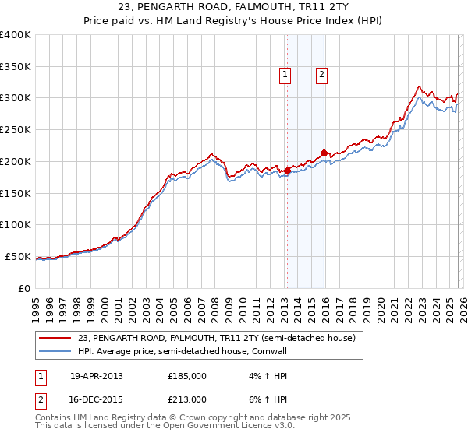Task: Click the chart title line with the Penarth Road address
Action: point(233,9)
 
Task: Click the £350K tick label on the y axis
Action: point(16,67)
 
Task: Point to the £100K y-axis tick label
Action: point(16,225)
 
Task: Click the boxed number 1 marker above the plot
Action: point(285,75)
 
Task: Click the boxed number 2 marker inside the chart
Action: point(321,75)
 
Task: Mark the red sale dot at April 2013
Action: point(287,171)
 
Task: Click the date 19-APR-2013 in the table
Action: point(97,376)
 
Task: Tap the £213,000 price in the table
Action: point(187,399)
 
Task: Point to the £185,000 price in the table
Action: point(187,376)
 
